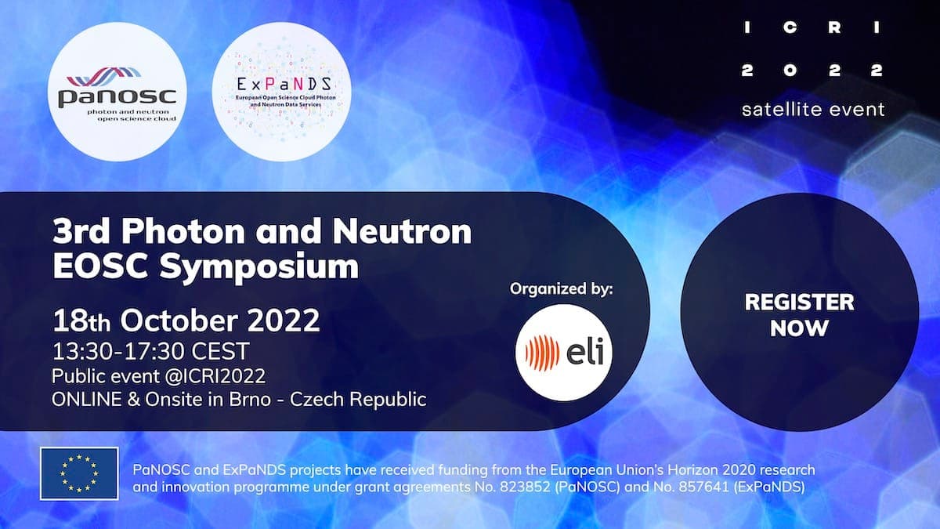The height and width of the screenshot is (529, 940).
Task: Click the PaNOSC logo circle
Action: tap(117, 92)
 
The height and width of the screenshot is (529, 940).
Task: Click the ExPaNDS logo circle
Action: tap(282, 92)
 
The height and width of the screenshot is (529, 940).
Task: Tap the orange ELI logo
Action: tap(564, 353)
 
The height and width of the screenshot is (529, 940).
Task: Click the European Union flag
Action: tap(79, 473)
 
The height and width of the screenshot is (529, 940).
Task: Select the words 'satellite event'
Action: tap(813, 110)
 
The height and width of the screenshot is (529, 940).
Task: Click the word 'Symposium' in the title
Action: tap(259, 267)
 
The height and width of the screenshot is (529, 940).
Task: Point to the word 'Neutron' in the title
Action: tap(402, 232)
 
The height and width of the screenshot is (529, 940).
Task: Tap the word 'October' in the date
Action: tap(179, 321)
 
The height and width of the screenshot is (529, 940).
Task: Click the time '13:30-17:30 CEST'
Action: tap(150, 351)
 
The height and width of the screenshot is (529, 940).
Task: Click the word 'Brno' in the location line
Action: tap(250, 399)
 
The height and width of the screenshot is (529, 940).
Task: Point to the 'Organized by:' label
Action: tap(562, 289)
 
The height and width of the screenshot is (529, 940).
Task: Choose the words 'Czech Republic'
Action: tap(358, 400)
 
